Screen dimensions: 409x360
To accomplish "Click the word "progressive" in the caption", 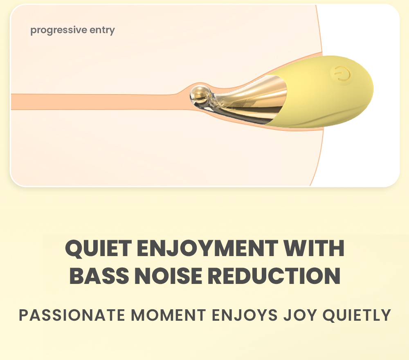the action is pyautogui.click(x=58, y=30).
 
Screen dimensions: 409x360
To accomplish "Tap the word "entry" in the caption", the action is pyautogui.click(x=102, y=30).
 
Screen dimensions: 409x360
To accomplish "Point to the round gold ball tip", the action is pyautogui.click(x=200, y=94).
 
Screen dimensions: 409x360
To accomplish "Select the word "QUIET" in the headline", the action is pyautogui.click(x=98, y=248).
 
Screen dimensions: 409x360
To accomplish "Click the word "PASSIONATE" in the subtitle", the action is pyautogui.click(x=72, y=315).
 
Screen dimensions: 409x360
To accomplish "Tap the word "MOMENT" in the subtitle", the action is pyautogui.click(x=169, y=315).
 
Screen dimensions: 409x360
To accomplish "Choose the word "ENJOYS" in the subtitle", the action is pyautogui.click(x=245, y=315).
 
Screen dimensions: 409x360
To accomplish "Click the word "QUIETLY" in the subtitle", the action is pyautogui.click(x=357, y=315).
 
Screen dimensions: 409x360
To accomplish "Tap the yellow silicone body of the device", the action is pyautogui.click(x=326, y=91).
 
